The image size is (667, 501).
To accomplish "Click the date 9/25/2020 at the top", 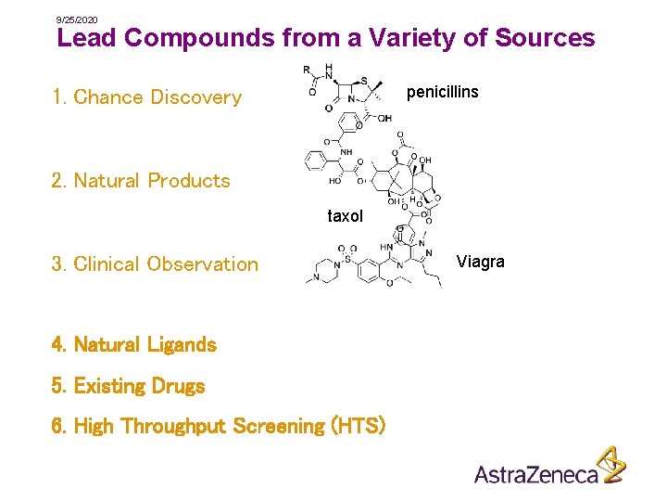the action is point(77,19).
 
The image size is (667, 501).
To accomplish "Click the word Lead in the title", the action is point(86,38).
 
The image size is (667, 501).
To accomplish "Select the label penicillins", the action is point(443,92).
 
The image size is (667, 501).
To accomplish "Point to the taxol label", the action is point(345,216).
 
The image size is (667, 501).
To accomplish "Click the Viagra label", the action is point(480,262).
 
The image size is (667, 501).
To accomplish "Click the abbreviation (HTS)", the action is point(359,426).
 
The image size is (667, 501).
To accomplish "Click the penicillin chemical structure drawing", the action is point(346,89).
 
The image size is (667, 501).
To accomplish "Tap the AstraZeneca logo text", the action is point(536,475).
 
